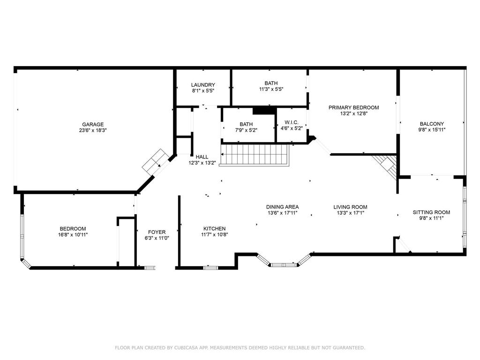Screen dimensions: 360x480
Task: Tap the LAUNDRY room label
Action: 203,85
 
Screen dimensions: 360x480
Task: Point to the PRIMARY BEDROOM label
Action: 353,107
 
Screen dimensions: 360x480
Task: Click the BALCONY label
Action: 432,124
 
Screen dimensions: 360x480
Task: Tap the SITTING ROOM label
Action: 431,212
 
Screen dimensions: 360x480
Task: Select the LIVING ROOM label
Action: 350,207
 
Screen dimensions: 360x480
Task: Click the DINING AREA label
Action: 282,207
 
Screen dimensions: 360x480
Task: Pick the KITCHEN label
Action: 214,228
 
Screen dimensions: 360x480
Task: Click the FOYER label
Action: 157,232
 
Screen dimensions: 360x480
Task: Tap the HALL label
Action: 202,157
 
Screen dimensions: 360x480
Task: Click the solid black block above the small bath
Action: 264,111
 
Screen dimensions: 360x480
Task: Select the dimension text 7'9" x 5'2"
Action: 246,130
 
